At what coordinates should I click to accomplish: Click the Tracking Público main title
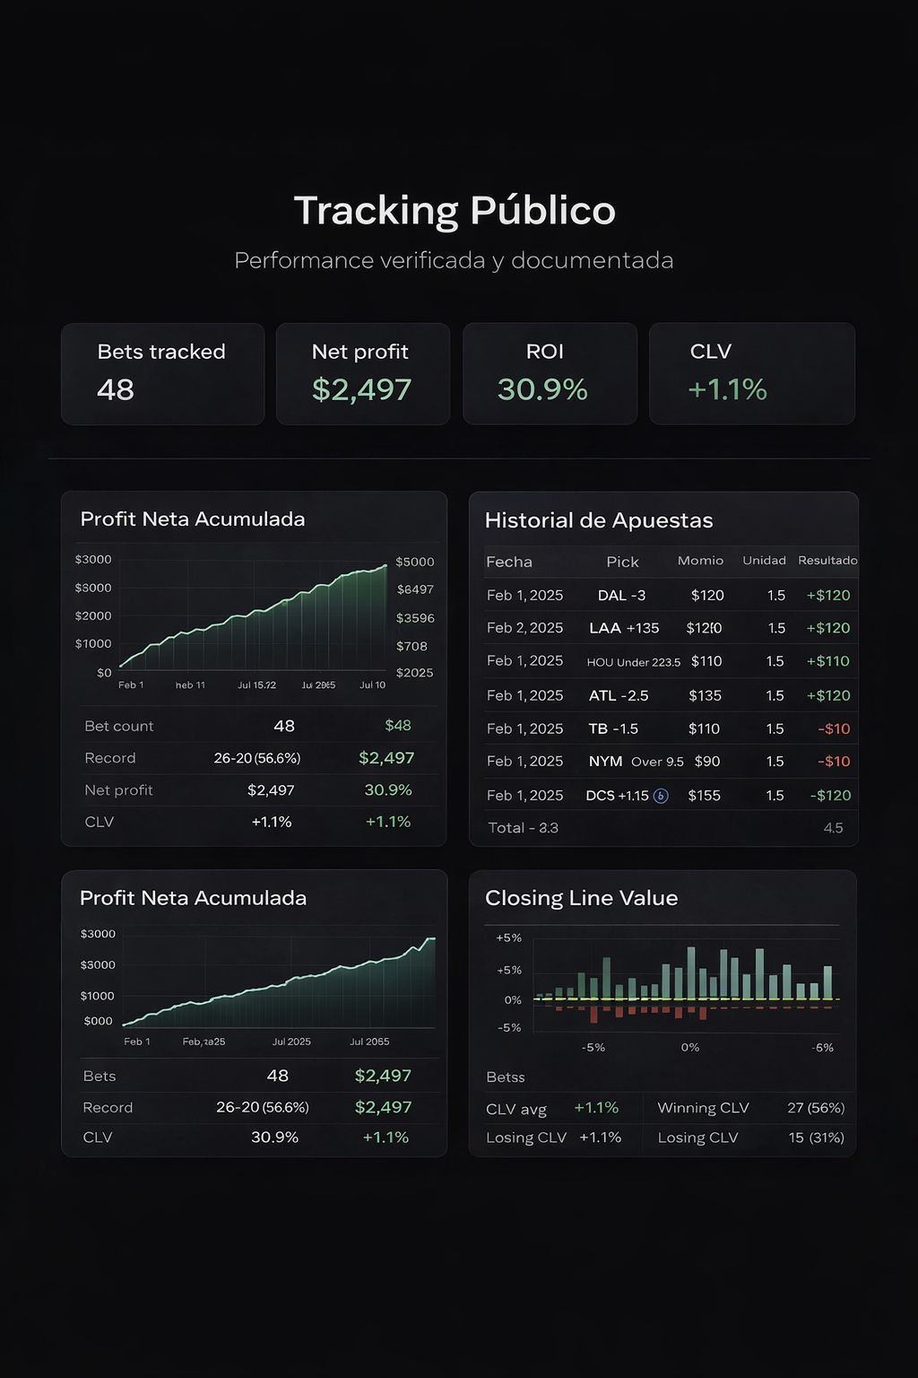pyautogui.click(x=455, y=211)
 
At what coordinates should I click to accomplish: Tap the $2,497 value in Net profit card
pyautogui.click(x=361, y=389)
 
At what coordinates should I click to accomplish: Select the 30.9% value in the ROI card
pyautogui.click(x=542, y=389)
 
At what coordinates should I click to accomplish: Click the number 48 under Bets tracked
pyautogui.click(x=116, y=389)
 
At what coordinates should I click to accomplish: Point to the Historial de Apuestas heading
pyautogui.click(x=598, y=520)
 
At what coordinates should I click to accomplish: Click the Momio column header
pyautogui.click(x=700, y=561)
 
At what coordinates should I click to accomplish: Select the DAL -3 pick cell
pyautogui.click(x=621, y=596)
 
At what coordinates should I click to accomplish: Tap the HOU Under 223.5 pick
pyautogui.click(x=633, y=662)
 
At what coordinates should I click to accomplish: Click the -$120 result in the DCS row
pyautogui.click(x=830, y=796)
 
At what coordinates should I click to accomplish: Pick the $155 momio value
pyautogui.click(x=704, y=796)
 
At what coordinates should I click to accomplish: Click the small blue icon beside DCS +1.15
pyautogui.click(x=661, y=796)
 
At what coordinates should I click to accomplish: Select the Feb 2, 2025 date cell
pyautogui.click(x=524, y=628)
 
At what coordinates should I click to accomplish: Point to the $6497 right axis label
pyautogui.click(x=415, y=589)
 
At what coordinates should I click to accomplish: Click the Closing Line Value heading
pyautogui.click(x=581, y=898)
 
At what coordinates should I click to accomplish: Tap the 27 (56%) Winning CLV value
pyautogui.click(x=816, y=1108)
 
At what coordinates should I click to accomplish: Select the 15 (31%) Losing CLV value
pyautogui.click(x=816, y=1138)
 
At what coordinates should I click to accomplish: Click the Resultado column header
pyautogui.click(x=827, y=561)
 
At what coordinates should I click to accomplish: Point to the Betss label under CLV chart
pyautogui.click(x=505, y=1077)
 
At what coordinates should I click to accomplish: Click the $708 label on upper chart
pyautogui.click(x=411, y=646)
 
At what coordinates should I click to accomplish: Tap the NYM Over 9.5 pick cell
pyautogui.click(x=636, y=762)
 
